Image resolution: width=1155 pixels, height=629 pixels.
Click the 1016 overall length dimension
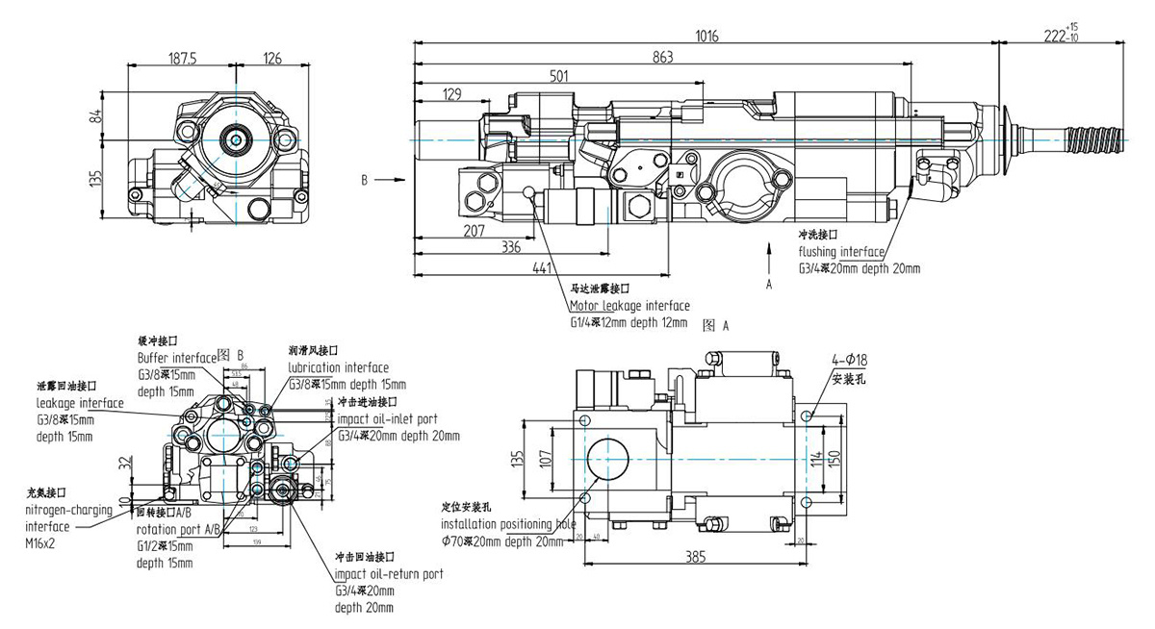(x=706, y=36)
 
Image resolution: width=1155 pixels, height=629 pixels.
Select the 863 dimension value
(x=663, y=58)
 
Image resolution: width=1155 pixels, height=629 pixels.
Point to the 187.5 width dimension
(x=180, y=59)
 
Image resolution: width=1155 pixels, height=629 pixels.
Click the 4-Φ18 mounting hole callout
(x=850, y=360)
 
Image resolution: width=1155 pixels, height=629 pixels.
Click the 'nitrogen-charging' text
(x=70, y=511)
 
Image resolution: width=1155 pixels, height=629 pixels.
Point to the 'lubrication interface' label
(x=338, y=367)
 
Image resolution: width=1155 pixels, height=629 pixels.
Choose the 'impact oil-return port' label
(x=389, y=574)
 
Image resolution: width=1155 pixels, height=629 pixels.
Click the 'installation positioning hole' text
(x=508, y=524)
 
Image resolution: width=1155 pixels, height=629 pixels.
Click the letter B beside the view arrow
(x=364, y=180)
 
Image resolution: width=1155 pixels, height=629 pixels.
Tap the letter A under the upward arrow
(x=768, y=285)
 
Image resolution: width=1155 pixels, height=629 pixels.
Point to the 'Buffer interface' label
(x=175, y=357)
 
